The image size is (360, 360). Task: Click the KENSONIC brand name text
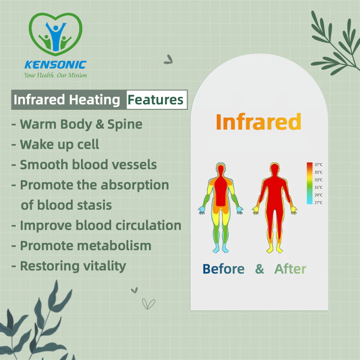coord(55,65)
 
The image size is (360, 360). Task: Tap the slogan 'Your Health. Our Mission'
coord(55,75)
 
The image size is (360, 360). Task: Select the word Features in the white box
coord(155,99)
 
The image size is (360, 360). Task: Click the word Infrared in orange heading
coord(258,121)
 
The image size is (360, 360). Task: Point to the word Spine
coord(125,125)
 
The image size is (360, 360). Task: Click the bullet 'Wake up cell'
coord(55,144)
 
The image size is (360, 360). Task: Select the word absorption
coord(135,185)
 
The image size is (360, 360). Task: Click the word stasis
coord(94,205)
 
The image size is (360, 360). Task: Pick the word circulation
coord(148,225)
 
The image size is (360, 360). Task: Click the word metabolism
coord(114,246)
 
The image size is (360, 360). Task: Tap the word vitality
coord(104,266)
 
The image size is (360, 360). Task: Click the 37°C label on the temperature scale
coord(319,165)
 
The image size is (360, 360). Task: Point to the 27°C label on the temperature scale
coord(319,202)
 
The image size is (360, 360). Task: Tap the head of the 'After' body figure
coord(274,169)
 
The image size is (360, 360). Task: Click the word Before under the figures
coord(223,269)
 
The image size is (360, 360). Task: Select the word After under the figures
coord(290,269)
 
